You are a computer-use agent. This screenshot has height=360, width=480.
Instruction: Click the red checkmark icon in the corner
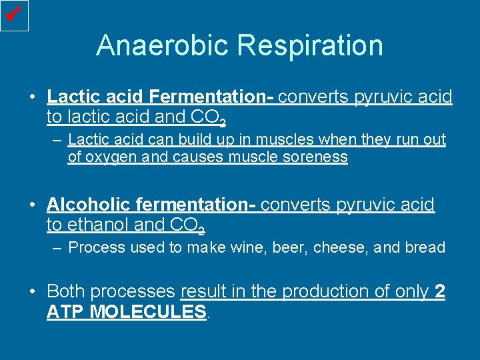(x=14, y=15)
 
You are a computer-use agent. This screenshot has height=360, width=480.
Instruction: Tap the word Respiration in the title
(x=310, y=45)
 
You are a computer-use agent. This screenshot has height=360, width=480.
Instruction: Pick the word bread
(x=425, y=247)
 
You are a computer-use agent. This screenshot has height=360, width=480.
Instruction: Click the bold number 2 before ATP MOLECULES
(x=439, y=291)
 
